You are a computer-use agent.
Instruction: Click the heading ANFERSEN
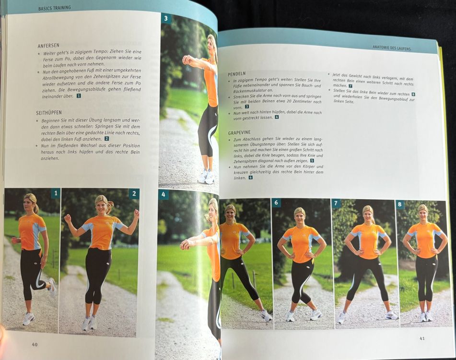[x=48, y=46]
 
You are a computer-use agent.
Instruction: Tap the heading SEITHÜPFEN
[x=49, y=112]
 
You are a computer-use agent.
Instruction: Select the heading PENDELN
[x=237, y=74]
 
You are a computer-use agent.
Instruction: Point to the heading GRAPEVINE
[x=239, y=132]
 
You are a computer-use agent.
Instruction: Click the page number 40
[x=35, y=345]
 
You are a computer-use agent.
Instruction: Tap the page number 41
[x=422, y=338]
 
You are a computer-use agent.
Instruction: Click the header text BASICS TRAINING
[x=54, y=8]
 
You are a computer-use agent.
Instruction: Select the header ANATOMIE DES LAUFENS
[x=392, y=48]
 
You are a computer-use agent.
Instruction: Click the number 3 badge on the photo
[x=166, y=18]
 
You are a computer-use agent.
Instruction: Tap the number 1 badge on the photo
[x=56, y=193]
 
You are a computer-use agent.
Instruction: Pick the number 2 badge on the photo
[x=134, y=193]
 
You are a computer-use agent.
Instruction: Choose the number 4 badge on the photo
[x=163, y=194]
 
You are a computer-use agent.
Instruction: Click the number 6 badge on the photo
[x=276, y=203]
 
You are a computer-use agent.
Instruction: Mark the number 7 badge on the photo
[x=336, y=203]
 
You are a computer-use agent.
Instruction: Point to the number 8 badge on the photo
[x=399, y=204]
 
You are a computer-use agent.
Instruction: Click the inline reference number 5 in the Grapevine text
[x=312, y=161]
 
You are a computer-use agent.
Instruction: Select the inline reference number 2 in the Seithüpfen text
[x=107, y=139]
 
